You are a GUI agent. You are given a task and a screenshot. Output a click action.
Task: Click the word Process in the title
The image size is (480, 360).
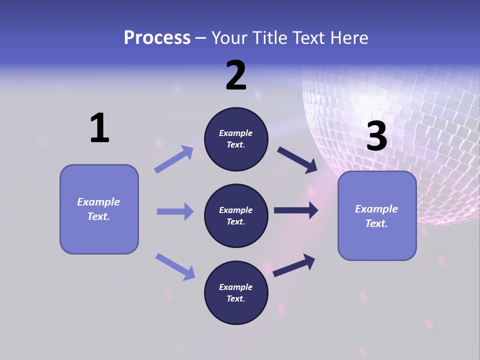(x=157, y=38)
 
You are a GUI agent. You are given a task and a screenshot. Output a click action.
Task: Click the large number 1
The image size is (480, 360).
(x=99, y=128)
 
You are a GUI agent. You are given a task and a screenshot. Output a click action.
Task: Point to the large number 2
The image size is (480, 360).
(x=236, y=76)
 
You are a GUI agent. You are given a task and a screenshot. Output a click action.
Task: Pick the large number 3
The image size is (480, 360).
(x=377, y=136)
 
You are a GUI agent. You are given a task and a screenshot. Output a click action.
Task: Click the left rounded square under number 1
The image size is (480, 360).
(x=99, y=209)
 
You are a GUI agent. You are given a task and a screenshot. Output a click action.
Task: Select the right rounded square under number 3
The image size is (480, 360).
(x=377, y=216)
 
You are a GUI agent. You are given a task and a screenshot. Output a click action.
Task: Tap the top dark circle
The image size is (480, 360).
(x=236, y=139)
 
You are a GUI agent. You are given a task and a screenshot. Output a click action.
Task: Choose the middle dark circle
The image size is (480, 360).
(x=236, y=216)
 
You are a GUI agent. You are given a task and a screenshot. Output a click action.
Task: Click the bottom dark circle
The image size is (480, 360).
(x=236, y=293)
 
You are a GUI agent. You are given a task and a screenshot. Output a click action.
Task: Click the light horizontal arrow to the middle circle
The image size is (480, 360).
(x=175, y=211)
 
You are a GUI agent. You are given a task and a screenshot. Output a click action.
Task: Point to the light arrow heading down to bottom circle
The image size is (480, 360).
(x=175, y=266)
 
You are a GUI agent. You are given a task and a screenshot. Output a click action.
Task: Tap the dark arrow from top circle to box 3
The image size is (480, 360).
(x=297, y=160)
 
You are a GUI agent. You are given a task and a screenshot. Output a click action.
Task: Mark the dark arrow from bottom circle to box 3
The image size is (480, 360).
(x=294, y=265)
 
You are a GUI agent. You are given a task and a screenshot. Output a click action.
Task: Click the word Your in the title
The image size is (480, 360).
(x=228, y=38)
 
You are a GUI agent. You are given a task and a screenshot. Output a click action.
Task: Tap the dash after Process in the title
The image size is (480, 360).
(x=200, y=38)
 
